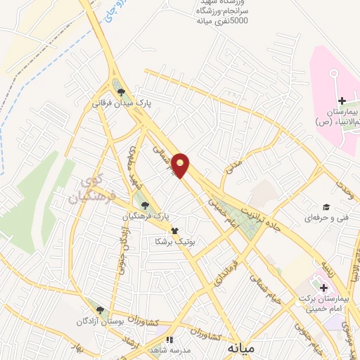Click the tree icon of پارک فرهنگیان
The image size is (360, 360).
(x=145, y=205)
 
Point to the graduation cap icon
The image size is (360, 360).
(x=326, y=207)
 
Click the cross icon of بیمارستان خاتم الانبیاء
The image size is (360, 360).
(x=342, y=102)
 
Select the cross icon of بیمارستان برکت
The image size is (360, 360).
(x=324, y=288)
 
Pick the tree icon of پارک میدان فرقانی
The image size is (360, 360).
(x=123, y=91)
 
